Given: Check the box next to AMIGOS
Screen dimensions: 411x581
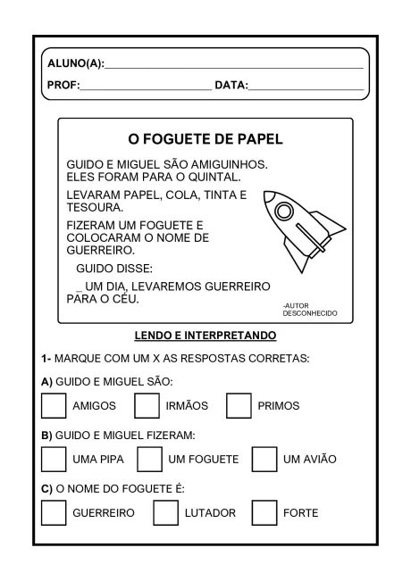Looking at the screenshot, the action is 54,405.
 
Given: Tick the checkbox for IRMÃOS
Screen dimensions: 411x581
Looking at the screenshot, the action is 147,405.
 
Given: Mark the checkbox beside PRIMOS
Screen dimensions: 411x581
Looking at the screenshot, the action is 239,405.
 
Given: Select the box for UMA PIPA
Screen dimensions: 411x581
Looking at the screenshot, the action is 54,459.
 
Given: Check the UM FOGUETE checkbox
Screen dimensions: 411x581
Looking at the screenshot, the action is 150,459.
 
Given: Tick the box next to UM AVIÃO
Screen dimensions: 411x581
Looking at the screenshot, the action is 264,459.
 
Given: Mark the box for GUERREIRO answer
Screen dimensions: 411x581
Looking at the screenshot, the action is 54,512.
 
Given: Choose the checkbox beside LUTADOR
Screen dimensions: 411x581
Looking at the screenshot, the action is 165,512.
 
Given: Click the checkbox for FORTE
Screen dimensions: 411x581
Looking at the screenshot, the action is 264,512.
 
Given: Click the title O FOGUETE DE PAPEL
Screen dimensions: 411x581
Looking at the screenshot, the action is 205,140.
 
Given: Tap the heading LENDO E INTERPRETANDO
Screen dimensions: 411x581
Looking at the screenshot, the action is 205,336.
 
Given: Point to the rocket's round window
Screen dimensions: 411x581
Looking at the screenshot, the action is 284,212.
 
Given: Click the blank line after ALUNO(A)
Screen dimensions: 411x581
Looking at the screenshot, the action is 234,65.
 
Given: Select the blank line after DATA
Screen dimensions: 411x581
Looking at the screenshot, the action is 306,87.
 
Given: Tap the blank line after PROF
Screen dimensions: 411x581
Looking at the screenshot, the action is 145,87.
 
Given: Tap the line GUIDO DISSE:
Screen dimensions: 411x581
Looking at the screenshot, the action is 114,268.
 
